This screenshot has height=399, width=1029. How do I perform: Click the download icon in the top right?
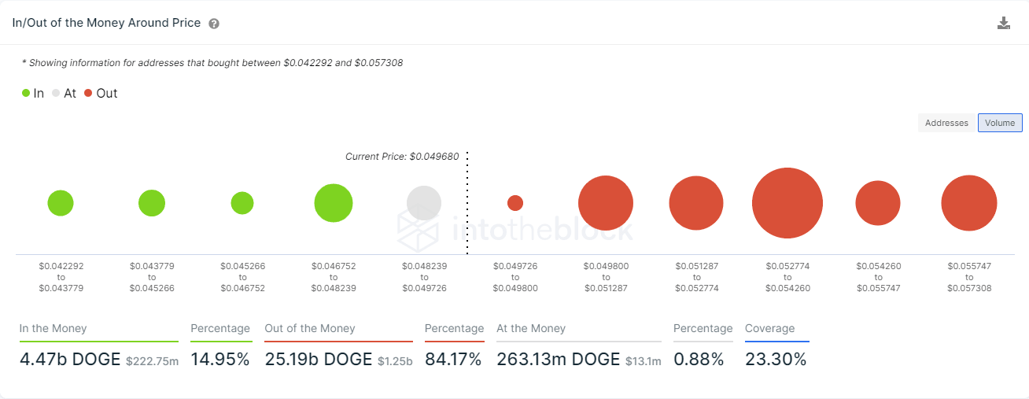[1003, 23]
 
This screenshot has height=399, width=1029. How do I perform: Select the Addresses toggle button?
[946, 123]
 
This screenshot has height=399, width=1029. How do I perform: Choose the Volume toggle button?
[1000, 123]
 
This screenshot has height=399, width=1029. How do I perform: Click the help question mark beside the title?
[214, 24]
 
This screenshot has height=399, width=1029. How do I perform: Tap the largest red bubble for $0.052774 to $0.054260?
[787, 203]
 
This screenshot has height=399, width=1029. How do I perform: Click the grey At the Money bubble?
[424, 203]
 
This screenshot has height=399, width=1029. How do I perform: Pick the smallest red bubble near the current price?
[515, 203]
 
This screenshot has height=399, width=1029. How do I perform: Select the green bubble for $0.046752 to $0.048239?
[334, 203]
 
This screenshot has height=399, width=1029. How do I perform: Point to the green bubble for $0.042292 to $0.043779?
[61, 203]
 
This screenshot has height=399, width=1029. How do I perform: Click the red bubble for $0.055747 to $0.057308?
[969, 203]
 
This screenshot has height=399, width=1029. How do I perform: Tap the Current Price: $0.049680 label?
[401, 157]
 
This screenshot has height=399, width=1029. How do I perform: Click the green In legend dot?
[26, 93]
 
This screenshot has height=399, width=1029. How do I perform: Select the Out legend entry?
[101, 93]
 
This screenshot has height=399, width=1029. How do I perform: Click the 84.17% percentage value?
[454, 360]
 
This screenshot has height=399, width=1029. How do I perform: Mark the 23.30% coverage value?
[776, 360]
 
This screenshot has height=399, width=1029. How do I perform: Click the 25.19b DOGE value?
[319, 360]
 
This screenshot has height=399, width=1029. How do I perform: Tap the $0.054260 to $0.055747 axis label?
[878, 277]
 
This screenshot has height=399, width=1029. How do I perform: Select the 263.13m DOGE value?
[559, 360]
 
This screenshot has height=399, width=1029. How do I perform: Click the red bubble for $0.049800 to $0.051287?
[606, 203]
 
